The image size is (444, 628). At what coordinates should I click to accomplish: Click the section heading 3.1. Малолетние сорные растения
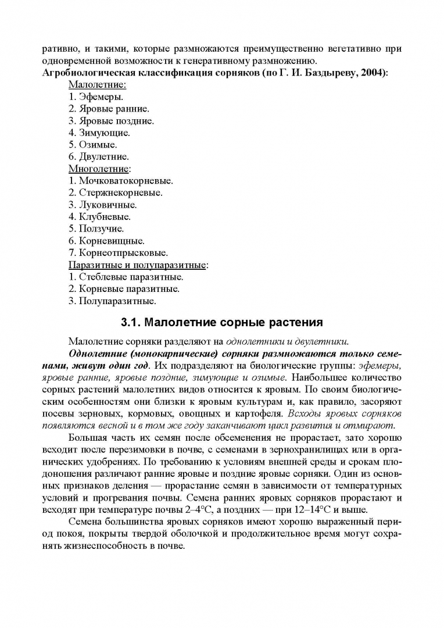[221, 322]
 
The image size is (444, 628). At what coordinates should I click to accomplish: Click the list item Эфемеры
[95, 97]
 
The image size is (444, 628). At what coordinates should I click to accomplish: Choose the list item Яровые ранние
[109, 109]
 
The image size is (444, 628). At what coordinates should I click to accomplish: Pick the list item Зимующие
[99, 133]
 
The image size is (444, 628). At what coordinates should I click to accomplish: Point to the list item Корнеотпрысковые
[118, 253]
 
